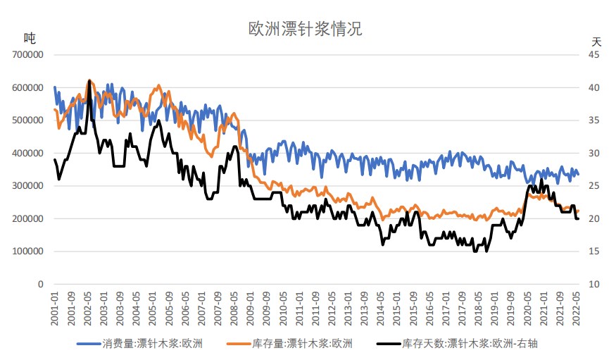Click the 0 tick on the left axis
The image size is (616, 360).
click(42, 284)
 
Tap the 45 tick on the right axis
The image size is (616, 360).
click(595, 55)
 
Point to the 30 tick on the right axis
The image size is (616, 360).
click(595, 153)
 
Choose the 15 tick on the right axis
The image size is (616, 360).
click(595, 252)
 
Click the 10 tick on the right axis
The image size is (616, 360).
click(595, 284)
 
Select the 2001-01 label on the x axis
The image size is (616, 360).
click(55, 307)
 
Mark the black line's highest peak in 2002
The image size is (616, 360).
click(89, 80)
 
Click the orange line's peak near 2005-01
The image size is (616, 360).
click(158, 85)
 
